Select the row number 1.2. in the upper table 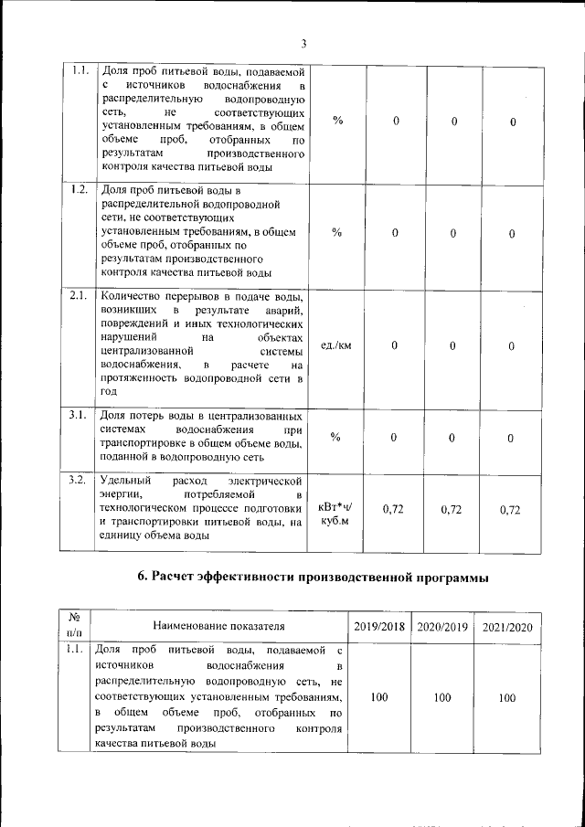pos(79,190)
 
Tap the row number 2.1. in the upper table pos(79,295)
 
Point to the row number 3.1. pos(79,415)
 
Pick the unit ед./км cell pos(336,345)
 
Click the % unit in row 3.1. pos(336,438)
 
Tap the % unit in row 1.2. pos(336,233)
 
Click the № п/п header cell pos(74,625)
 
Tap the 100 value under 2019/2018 pos(379,697)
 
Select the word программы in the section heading pos(449,577)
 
